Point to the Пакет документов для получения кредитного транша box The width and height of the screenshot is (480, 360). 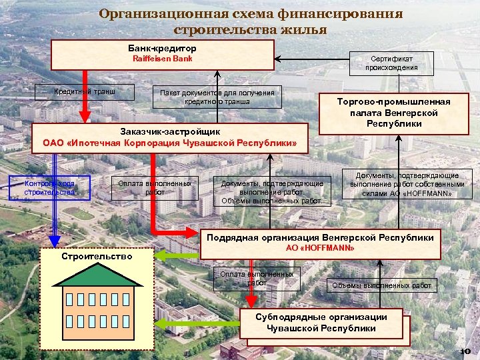pyautogui.click(x=217, y=96)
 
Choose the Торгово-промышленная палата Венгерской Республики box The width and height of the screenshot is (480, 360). pyautogui.click(x=394, y=113)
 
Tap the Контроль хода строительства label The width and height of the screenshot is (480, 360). pyautogui.click(x=49, y=188)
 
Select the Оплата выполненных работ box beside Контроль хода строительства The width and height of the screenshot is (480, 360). pyautogui.click(x=155, y=188)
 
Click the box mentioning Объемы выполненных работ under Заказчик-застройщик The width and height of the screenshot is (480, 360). pyautogui.click(x=271, y=192)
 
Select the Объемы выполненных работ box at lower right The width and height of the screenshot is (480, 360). pyautogui.click(x=382, y=286)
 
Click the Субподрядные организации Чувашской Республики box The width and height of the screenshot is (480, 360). pyautogui.click(x=321, y=323)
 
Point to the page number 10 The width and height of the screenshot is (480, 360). pyautogui.click(x=465, y=351)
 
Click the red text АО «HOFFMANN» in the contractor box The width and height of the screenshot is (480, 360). pyautogui.click(x=320, y=248)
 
